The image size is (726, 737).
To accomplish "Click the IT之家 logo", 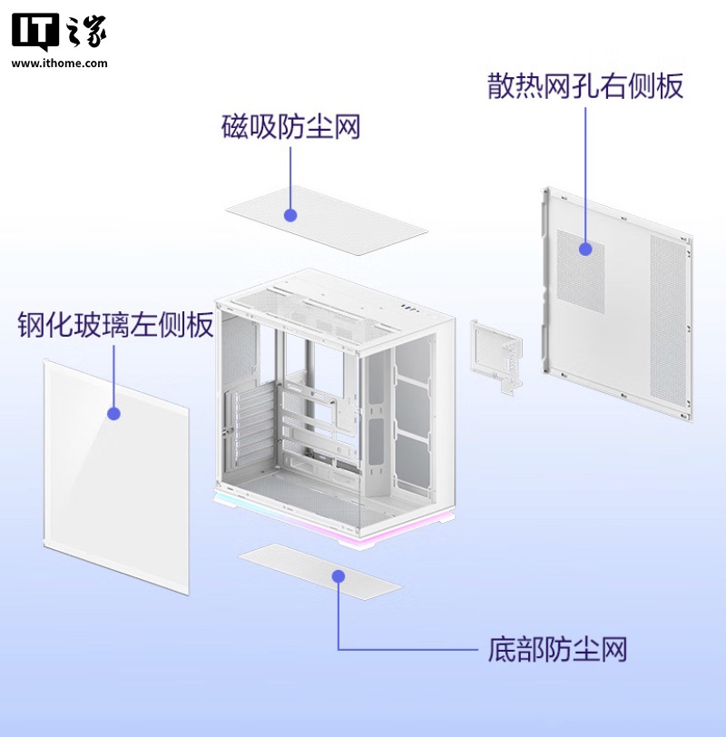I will click(x=59, y=32).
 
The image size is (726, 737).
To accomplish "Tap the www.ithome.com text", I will click(x=59, y=64).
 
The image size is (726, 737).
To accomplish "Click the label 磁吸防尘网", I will click(x=290, y=127).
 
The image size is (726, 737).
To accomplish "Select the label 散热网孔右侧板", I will click(x=585, y=87).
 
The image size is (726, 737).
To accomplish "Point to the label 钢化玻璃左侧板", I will click(x=115, y=325).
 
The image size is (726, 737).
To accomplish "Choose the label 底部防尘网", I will click(x=557, y=650).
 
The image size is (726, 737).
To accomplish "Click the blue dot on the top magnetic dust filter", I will click(x=290, y=215).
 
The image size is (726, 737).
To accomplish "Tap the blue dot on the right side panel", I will click(x=585, y=248).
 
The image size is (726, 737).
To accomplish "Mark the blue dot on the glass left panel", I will click(x=114, y=414).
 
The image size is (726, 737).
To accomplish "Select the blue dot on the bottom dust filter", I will click(x=338, y=575).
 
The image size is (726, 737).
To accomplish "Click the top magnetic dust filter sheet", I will click(x=354, y=218).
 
